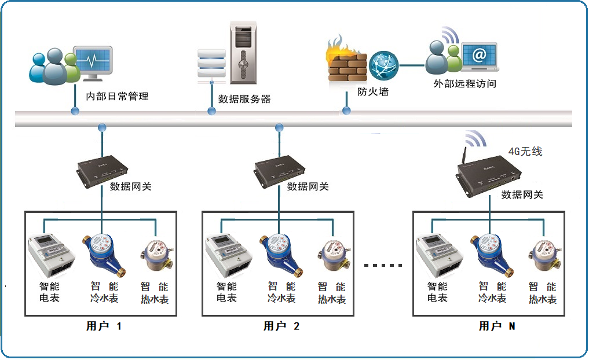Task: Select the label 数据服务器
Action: (244, 99)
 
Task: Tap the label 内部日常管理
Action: (117, 96)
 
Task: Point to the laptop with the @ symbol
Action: (478, 57)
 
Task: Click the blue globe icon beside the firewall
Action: (383, 65)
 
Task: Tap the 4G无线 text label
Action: (525, 151)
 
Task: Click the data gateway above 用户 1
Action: (103, 171)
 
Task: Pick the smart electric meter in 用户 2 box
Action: (227, 254)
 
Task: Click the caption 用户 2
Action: (281, 326)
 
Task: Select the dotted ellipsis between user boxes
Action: (383, 266)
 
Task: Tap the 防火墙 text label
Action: (373, 91)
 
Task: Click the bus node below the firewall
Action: (346, 110)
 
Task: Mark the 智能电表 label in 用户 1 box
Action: (49, 292)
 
